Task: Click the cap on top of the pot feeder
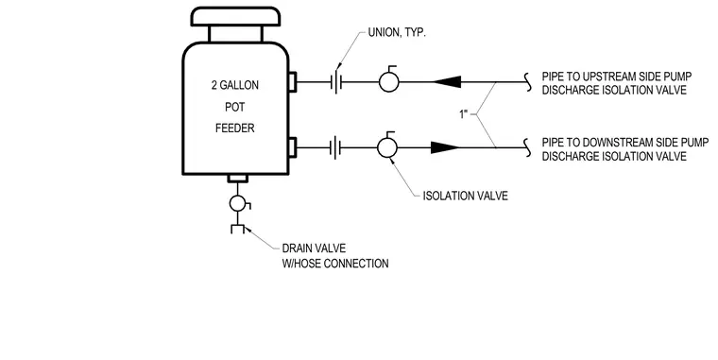click(x=235, y=16)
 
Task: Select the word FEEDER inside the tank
click(x=235, y=129)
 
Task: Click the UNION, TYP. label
click(x=397, y=33)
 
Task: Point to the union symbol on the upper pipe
click(x=336, y=82)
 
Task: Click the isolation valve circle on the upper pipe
click(x=389, y=82)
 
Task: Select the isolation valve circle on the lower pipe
click(x=387, y=147)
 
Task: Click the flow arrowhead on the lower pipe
click(x=445, y=147)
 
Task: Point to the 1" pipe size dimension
click(x=465, y=114)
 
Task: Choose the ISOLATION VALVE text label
click(x=465, y=196)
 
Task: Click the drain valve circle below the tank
click(x=238, y=203)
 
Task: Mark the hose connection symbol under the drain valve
click(x=238, y=229)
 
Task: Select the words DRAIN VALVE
click(x=314, y=249)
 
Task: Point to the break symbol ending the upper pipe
click(x=528, y=82)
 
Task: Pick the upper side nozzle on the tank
click(x=292, y=82)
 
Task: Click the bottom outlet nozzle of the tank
click(x=238, y=179)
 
